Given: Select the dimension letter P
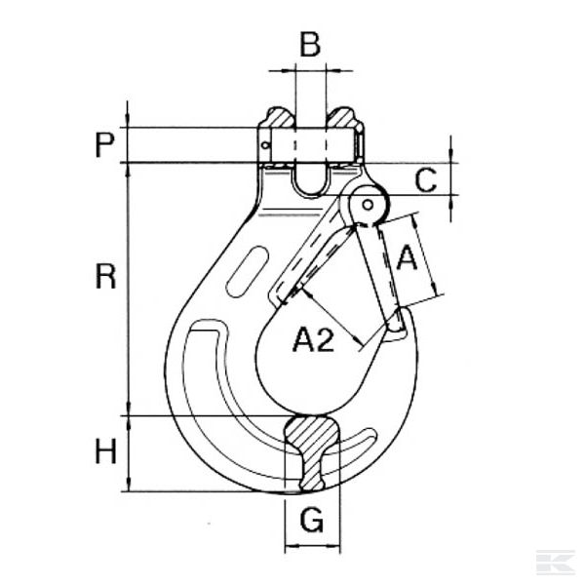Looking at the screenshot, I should click(103, 146).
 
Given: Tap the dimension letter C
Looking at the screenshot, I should click(479, 178).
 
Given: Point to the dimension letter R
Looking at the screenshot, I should click(105, 277).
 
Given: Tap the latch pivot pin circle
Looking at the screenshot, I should click(369, 205).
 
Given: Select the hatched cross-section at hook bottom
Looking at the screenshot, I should click(312, 450).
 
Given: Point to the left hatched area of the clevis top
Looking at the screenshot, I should click(276, 123).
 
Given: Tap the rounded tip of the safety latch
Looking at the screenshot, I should click(400, 328).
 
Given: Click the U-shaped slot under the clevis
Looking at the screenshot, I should click(309, 181).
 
